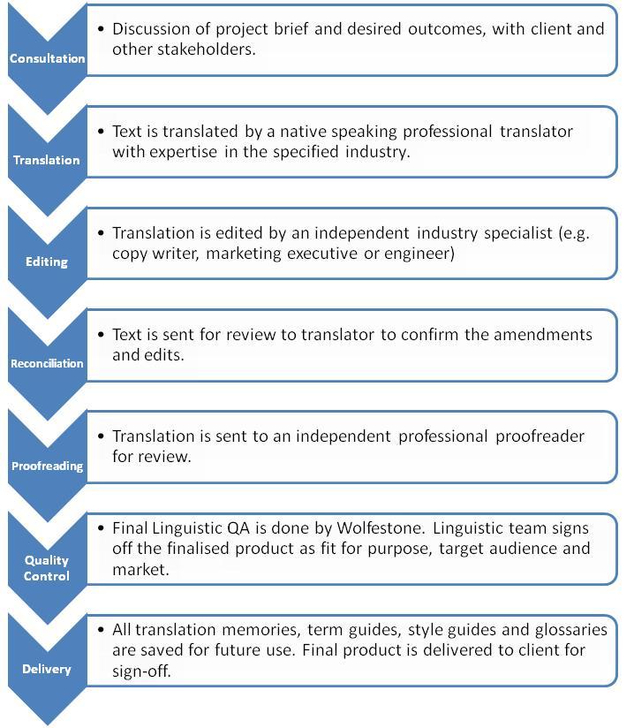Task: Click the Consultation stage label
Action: click(x=48, y=58)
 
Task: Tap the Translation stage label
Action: click(x=47, y=160)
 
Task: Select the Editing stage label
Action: click(x=47, y=262)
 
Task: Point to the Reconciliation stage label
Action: click(x=47, y=363)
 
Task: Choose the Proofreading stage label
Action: click(x=48, y=466)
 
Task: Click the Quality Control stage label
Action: click(x=47, y=568)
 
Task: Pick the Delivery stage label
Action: click(x=47, y=669)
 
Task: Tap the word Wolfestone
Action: click(x=381, y=528)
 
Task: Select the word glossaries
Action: click(x=571, y=630)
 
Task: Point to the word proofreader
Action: click(x=540, y=436)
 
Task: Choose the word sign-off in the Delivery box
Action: click(x=142, y=671)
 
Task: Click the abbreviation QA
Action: click(x=238, y=528)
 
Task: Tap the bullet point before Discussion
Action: click(x=102, y=29)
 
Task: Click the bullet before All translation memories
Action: click(x=102, y=630)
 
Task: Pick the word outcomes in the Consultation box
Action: click(x=447, y=29)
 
